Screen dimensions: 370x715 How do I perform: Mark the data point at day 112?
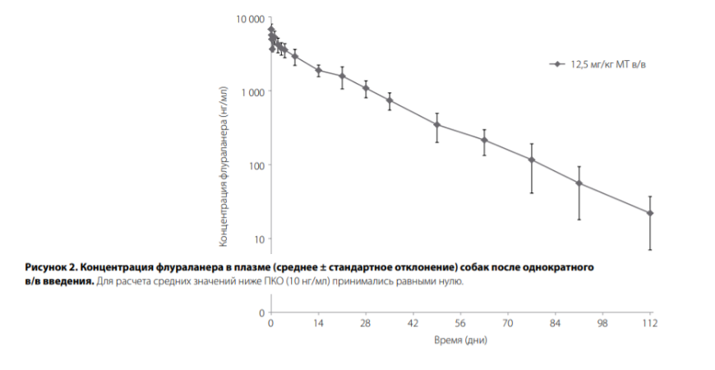coord(650,213)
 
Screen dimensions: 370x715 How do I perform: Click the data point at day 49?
coord(437,125)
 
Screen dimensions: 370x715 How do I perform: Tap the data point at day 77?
coord(532,160)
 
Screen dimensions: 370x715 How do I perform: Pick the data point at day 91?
coord(579,183)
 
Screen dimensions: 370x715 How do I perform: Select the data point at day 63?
coord(484,140)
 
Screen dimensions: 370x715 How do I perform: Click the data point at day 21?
coord(342,76)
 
